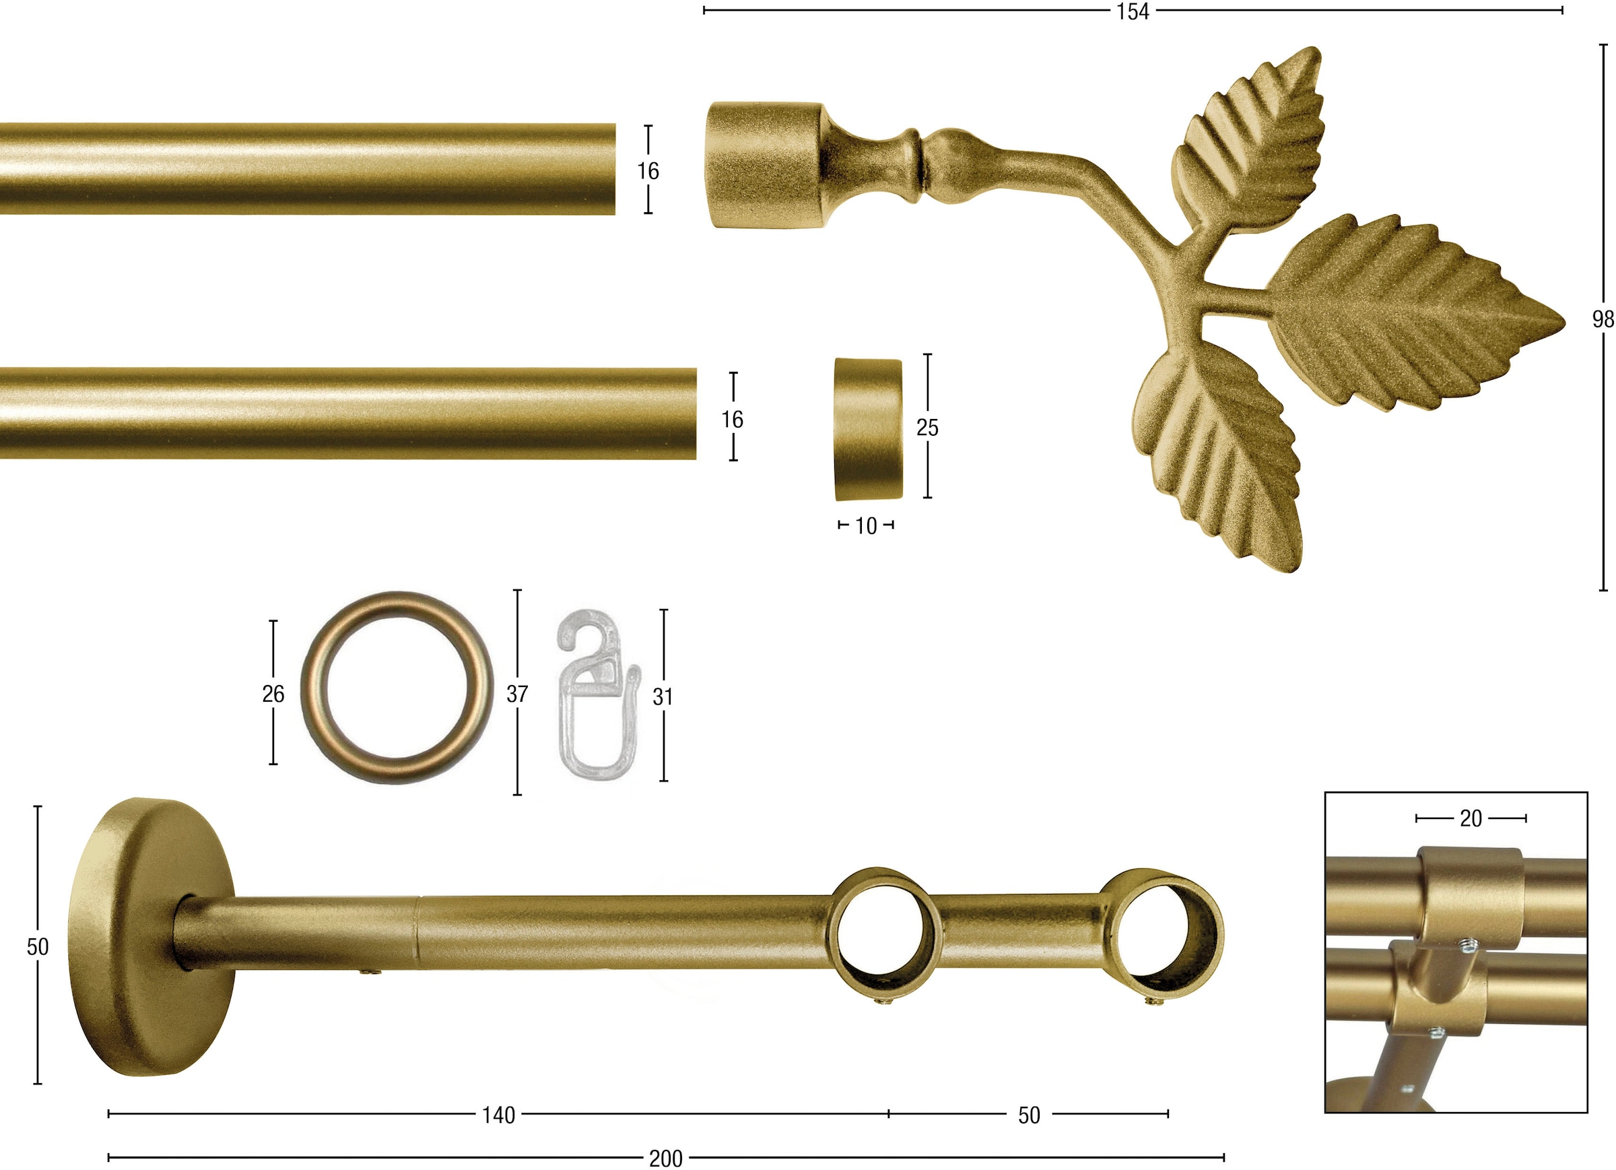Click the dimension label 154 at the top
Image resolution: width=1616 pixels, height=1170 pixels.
(x=1133, y=11)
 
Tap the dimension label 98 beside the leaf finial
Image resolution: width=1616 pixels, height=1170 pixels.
(x=1604, y=319)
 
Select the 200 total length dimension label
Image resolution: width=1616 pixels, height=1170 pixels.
(x=665, y=1159)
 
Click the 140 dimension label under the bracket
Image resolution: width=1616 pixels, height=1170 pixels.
(x=498, y=1115)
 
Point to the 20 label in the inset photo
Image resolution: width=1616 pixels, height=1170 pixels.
(x=1471, y=818)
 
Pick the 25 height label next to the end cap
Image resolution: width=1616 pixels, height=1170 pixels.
(x=927, y=428)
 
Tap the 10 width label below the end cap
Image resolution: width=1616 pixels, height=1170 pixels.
(x=865, y=526)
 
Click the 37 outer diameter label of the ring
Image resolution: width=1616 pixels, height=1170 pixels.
(x=517, y=694)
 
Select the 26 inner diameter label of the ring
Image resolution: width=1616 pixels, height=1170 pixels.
(x=273, y=694)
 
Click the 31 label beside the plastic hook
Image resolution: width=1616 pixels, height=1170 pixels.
(x=663, y=696)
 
